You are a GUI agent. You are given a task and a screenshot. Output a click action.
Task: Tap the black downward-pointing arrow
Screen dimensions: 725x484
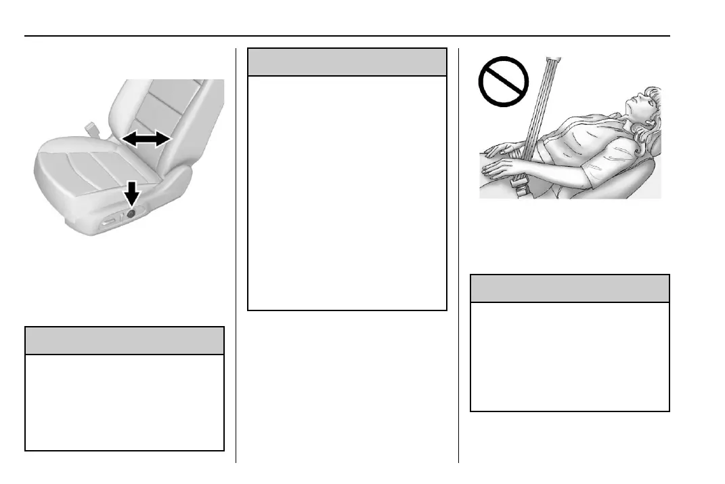pyautogui.click(x=132, y=195)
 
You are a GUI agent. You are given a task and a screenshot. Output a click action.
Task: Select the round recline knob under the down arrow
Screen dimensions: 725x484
pyautogui.click(x=131, y=213)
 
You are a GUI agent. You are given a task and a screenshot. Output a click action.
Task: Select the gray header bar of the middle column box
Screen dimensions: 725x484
pyautogui.click(x=347, y=62)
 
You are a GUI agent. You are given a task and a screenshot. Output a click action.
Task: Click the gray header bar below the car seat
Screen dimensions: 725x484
pyautogui.click(x=124, y=340)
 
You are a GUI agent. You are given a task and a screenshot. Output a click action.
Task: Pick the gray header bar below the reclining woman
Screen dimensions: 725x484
pyautogui.click(x=569, y=288)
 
